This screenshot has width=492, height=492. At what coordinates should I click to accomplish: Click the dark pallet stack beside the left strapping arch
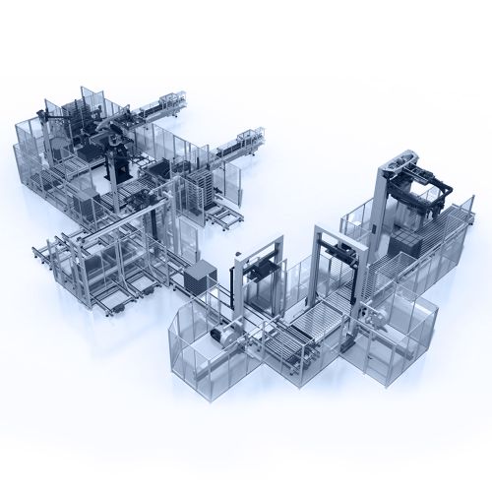point(200,277)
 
